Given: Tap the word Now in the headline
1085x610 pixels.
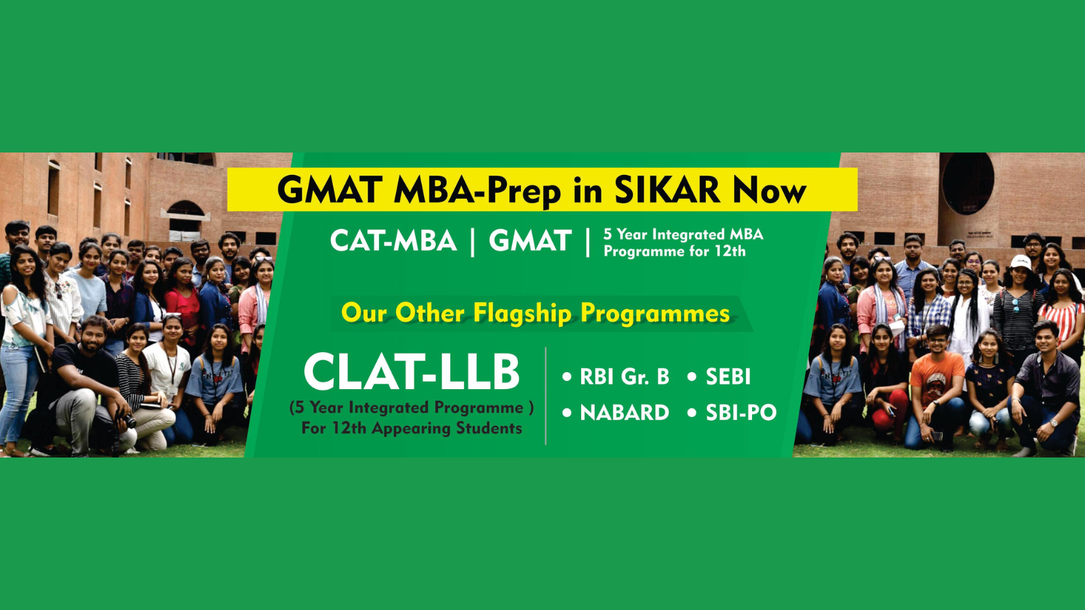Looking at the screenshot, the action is tap(770, 190).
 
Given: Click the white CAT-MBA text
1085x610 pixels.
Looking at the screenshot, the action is tap(393, 241).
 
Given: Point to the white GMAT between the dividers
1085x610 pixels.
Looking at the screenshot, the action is tap(530, 241).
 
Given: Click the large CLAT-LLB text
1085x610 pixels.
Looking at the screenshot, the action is tap(411, 372).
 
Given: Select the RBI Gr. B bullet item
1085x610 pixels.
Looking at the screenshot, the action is tap(616, 377).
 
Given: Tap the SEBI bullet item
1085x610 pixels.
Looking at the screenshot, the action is tap(719, 377).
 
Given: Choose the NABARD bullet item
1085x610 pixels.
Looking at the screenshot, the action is tap(616, 413).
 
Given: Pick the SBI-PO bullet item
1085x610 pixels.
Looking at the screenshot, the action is tap(732, 413).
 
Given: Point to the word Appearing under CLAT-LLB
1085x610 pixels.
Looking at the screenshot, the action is tap(413, 428).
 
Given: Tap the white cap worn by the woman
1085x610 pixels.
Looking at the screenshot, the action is tap(1021, 262).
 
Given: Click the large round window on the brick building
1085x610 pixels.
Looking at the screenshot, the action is tap(968, 184).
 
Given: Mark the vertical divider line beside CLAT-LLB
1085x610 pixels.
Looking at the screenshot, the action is tap(546, 396).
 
